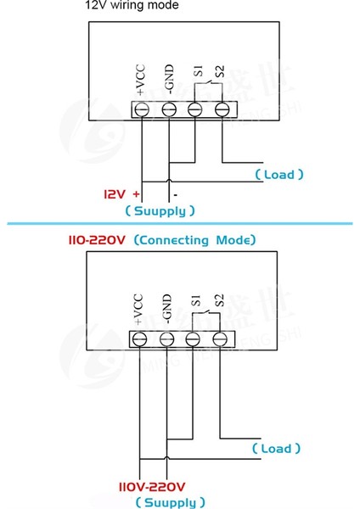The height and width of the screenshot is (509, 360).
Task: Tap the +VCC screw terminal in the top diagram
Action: (x=141, y=109)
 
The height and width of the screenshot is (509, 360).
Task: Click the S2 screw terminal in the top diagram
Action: (x=222, y=109)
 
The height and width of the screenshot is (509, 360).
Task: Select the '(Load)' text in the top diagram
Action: (x=279, y=175)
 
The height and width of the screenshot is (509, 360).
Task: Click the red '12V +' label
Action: (x=121, y=193)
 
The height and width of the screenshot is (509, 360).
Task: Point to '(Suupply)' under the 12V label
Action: (x=160, y=210)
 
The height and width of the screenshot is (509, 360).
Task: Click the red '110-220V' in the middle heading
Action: (x=97, y=240)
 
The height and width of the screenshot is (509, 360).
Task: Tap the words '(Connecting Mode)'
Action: (x=194, y=240)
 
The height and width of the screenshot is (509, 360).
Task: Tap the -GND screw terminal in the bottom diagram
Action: (x=166, y=338)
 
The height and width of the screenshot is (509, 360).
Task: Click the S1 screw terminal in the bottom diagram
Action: (x=194, y=338)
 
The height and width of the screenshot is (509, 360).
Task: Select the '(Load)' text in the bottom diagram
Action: (x=277, y=449)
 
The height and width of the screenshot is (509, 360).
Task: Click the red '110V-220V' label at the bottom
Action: (x=151, y=487)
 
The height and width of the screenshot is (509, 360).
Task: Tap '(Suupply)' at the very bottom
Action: (x=170, y=502)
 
